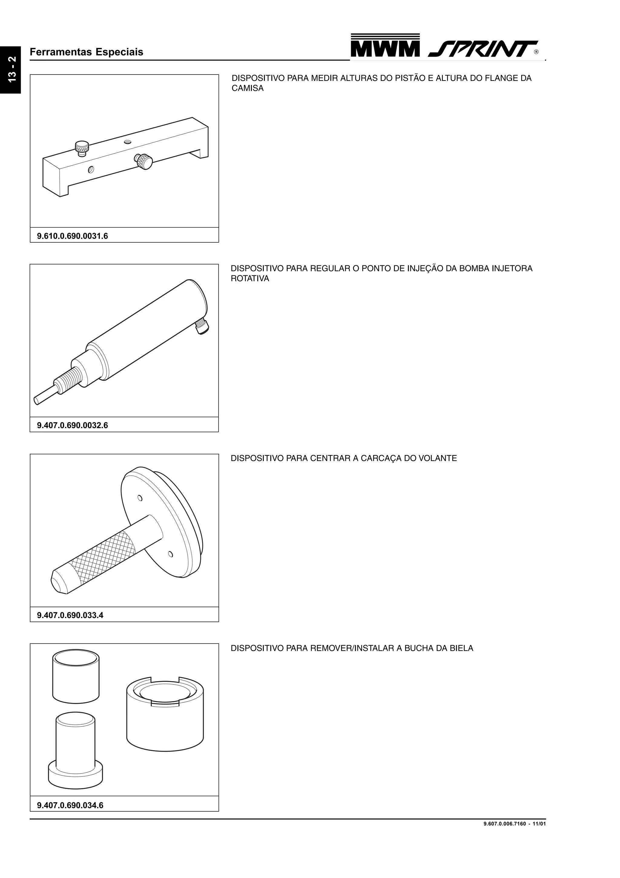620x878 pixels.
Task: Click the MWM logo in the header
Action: coord(385,45)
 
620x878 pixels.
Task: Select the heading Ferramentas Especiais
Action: coord(86,52)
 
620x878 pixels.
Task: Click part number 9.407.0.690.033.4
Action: coord(70,615)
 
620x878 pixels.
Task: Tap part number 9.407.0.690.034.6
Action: coord(70,805)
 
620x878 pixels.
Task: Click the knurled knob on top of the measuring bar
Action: coord(82,148)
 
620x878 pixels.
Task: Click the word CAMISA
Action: coord(248,88)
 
